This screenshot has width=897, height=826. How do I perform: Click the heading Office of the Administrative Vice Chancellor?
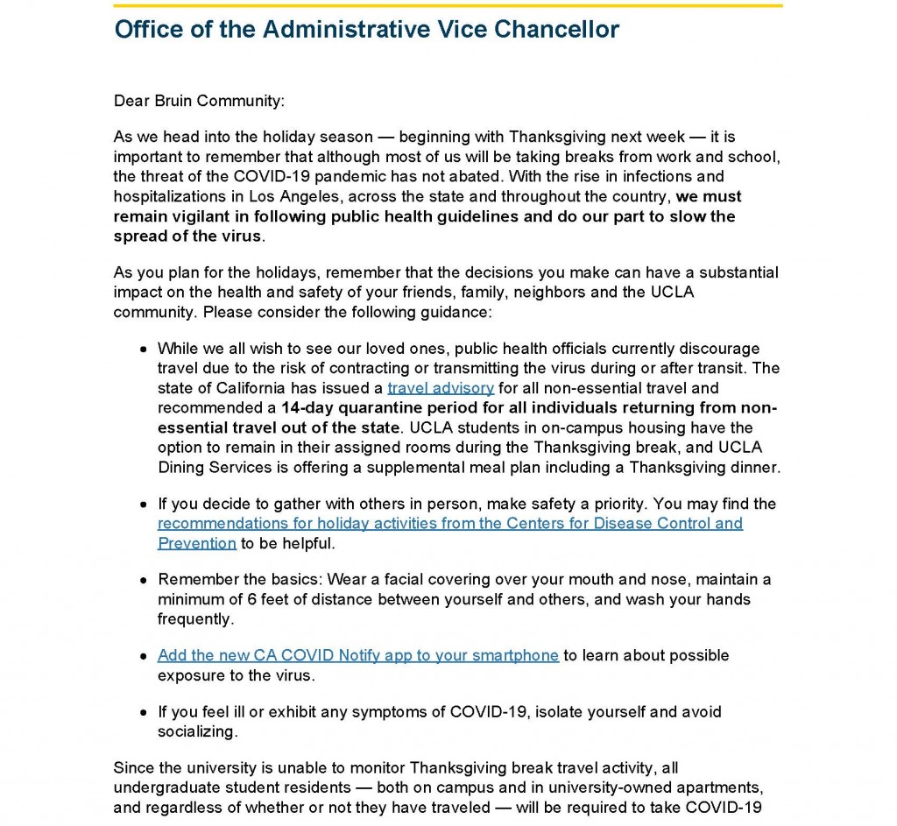tap(366, 29)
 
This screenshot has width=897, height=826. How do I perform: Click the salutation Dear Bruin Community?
tap(199, 100)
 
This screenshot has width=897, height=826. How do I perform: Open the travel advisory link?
tap(441, 387)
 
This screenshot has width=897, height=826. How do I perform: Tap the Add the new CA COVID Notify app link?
tap(357, 655)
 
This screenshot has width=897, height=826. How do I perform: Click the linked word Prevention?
tap(197, 543)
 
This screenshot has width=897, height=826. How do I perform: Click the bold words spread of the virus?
tap(187, 236)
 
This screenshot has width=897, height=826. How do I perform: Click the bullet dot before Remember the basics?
tap(144, 581)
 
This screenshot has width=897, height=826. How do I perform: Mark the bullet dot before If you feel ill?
tap(144, 712)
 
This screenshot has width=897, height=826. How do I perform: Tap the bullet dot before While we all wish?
tap(144, 349)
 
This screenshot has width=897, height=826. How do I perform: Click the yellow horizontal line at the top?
tap(448, 5)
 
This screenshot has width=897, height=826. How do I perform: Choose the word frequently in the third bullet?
tap(194, 618)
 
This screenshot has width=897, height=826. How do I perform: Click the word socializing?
tap(197, 731)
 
